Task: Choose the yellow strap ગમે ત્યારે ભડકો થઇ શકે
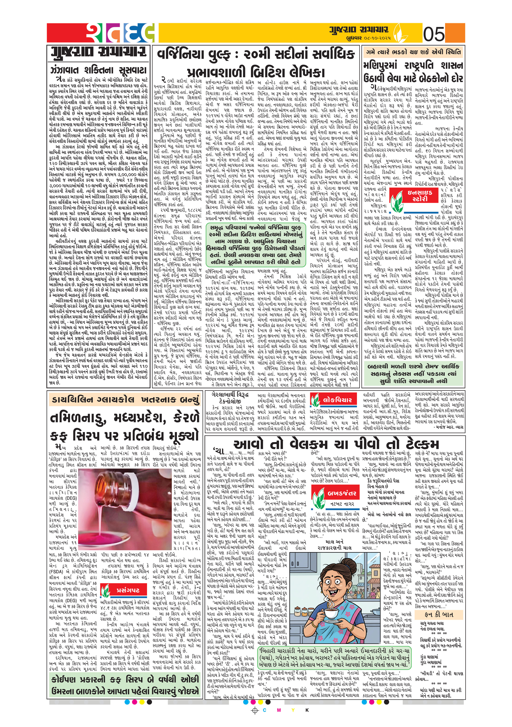(x=413, y=52)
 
